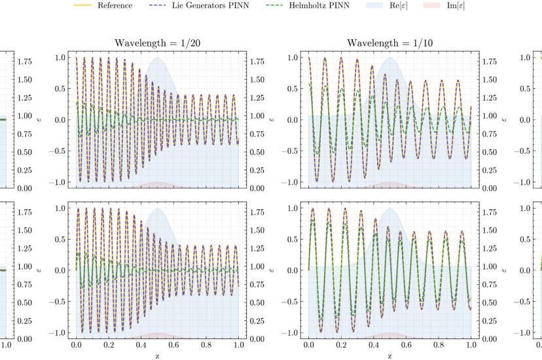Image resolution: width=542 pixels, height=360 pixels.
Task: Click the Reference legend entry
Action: pyautogui.click(x=115, y=5)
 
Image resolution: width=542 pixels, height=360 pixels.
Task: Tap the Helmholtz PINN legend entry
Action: pyautogui.click(x=319, y=5)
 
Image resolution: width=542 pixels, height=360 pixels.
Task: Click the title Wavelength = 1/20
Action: pyautogui.click(x=157, y=43)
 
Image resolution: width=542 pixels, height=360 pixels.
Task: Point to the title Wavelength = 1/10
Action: pyautogui.click(x=389, y=43)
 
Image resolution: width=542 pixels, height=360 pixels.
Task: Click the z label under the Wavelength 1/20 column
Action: pyautogui.click(x=157, y=355)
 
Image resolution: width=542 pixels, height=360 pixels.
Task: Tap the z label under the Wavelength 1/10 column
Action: pyautogui.click(x=389, y=355)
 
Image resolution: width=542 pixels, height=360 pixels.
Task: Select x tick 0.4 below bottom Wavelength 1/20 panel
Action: pyautogui.click(x=141, y=344)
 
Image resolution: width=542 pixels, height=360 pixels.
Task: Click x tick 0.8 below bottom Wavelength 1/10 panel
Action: pyautogui.click(x=439, y=344)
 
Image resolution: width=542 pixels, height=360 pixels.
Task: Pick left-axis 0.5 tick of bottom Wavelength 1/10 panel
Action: pyautogui.click(x=295, y=239)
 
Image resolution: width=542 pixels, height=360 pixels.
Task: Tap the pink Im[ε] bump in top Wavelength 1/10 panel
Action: pyautogui.click(x=390, y=185)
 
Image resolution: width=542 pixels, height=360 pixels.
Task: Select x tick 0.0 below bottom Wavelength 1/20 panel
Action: pyautogui.click(x=77, y=344)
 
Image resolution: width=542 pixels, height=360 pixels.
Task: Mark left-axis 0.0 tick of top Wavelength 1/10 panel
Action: pyautogui.click(x=295, y=120)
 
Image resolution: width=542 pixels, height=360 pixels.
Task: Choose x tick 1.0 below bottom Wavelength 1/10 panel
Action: pyautogui.click(x=471, y=344)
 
